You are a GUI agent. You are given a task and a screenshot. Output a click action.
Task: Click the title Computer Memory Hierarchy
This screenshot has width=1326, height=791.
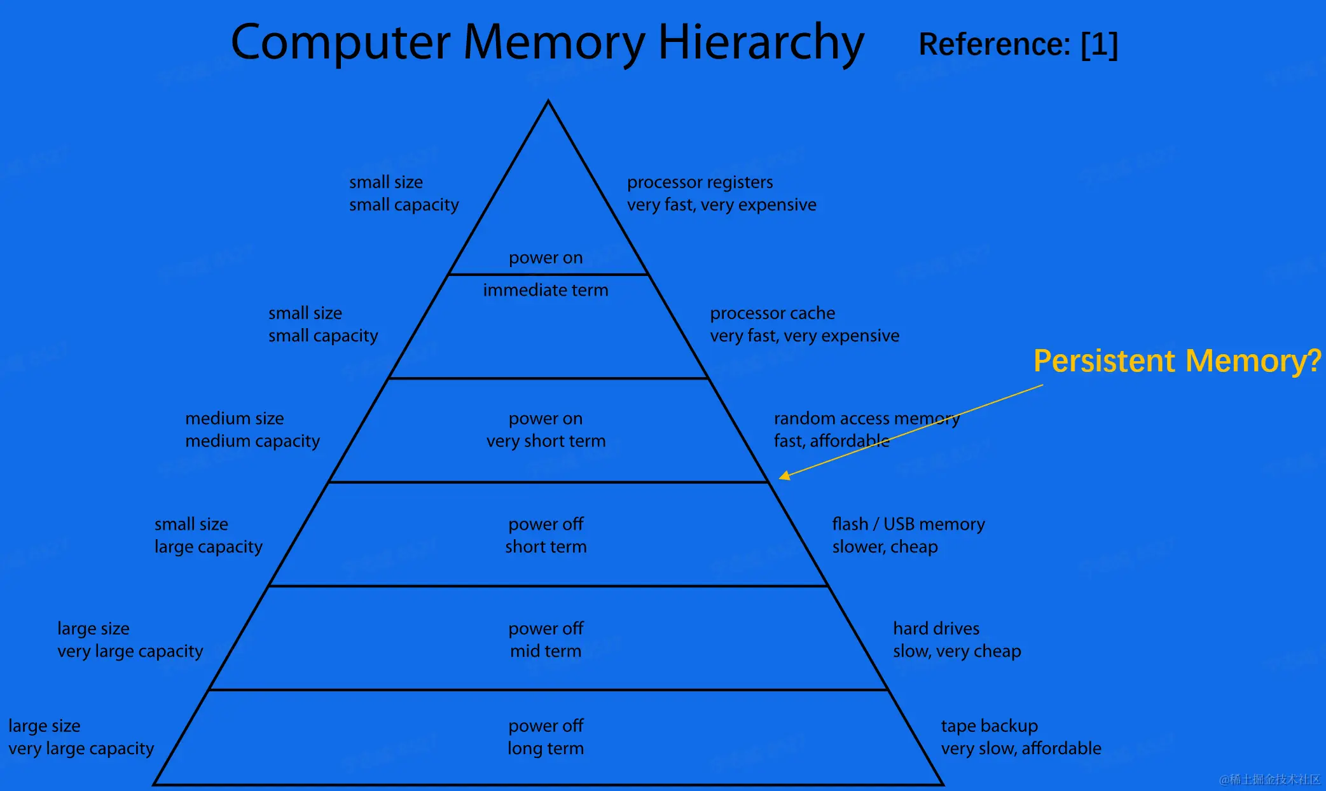coord(547,43)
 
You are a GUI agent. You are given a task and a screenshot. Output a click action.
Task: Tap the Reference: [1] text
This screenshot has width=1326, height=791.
coord(1018,45)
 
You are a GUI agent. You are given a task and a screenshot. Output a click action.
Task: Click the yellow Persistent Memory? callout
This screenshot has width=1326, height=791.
coord(1177,361)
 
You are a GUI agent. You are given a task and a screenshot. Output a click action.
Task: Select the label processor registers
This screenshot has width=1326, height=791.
coord(700,182)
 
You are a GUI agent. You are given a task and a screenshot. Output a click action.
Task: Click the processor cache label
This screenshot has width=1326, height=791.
coord(772,313)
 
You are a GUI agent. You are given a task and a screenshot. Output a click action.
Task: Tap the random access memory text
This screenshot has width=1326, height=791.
coord(866,418)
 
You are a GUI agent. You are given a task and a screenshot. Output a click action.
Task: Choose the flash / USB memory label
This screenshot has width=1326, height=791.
coord(908,524)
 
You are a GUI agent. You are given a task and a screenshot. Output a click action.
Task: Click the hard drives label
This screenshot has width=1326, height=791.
coord(936,628)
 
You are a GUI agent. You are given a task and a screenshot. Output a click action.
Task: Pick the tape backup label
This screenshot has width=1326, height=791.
coord(989,726)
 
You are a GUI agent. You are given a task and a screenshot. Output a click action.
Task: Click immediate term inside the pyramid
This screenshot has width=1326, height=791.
coord(546,291)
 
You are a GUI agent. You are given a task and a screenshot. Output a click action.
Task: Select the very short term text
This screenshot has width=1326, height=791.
coord(546,441)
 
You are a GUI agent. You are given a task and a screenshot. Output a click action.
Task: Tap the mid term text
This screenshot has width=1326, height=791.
coord(546,651)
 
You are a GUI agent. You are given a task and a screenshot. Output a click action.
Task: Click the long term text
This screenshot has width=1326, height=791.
coord(546,748)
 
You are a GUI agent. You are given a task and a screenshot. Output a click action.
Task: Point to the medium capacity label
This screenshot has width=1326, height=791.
coord(252,441)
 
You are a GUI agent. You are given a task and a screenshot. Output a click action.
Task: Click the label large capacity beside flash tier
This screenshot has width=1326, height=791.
coord(209,547)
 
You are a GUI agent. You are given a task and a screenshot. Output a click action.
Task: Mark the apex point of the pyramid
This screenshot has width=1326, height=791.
coord(548,102)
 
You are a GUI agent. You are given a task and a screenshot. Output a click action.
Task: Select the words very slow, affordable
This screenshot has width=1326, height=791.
coord(1021,748)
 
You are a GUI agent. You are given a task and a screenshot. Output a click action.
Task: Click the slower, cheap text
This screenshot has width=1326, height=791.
coord(885,547)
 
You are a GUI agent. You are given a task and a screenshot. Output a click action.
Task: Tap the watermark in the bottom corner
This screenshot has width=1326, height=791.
coord(1269,780)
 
